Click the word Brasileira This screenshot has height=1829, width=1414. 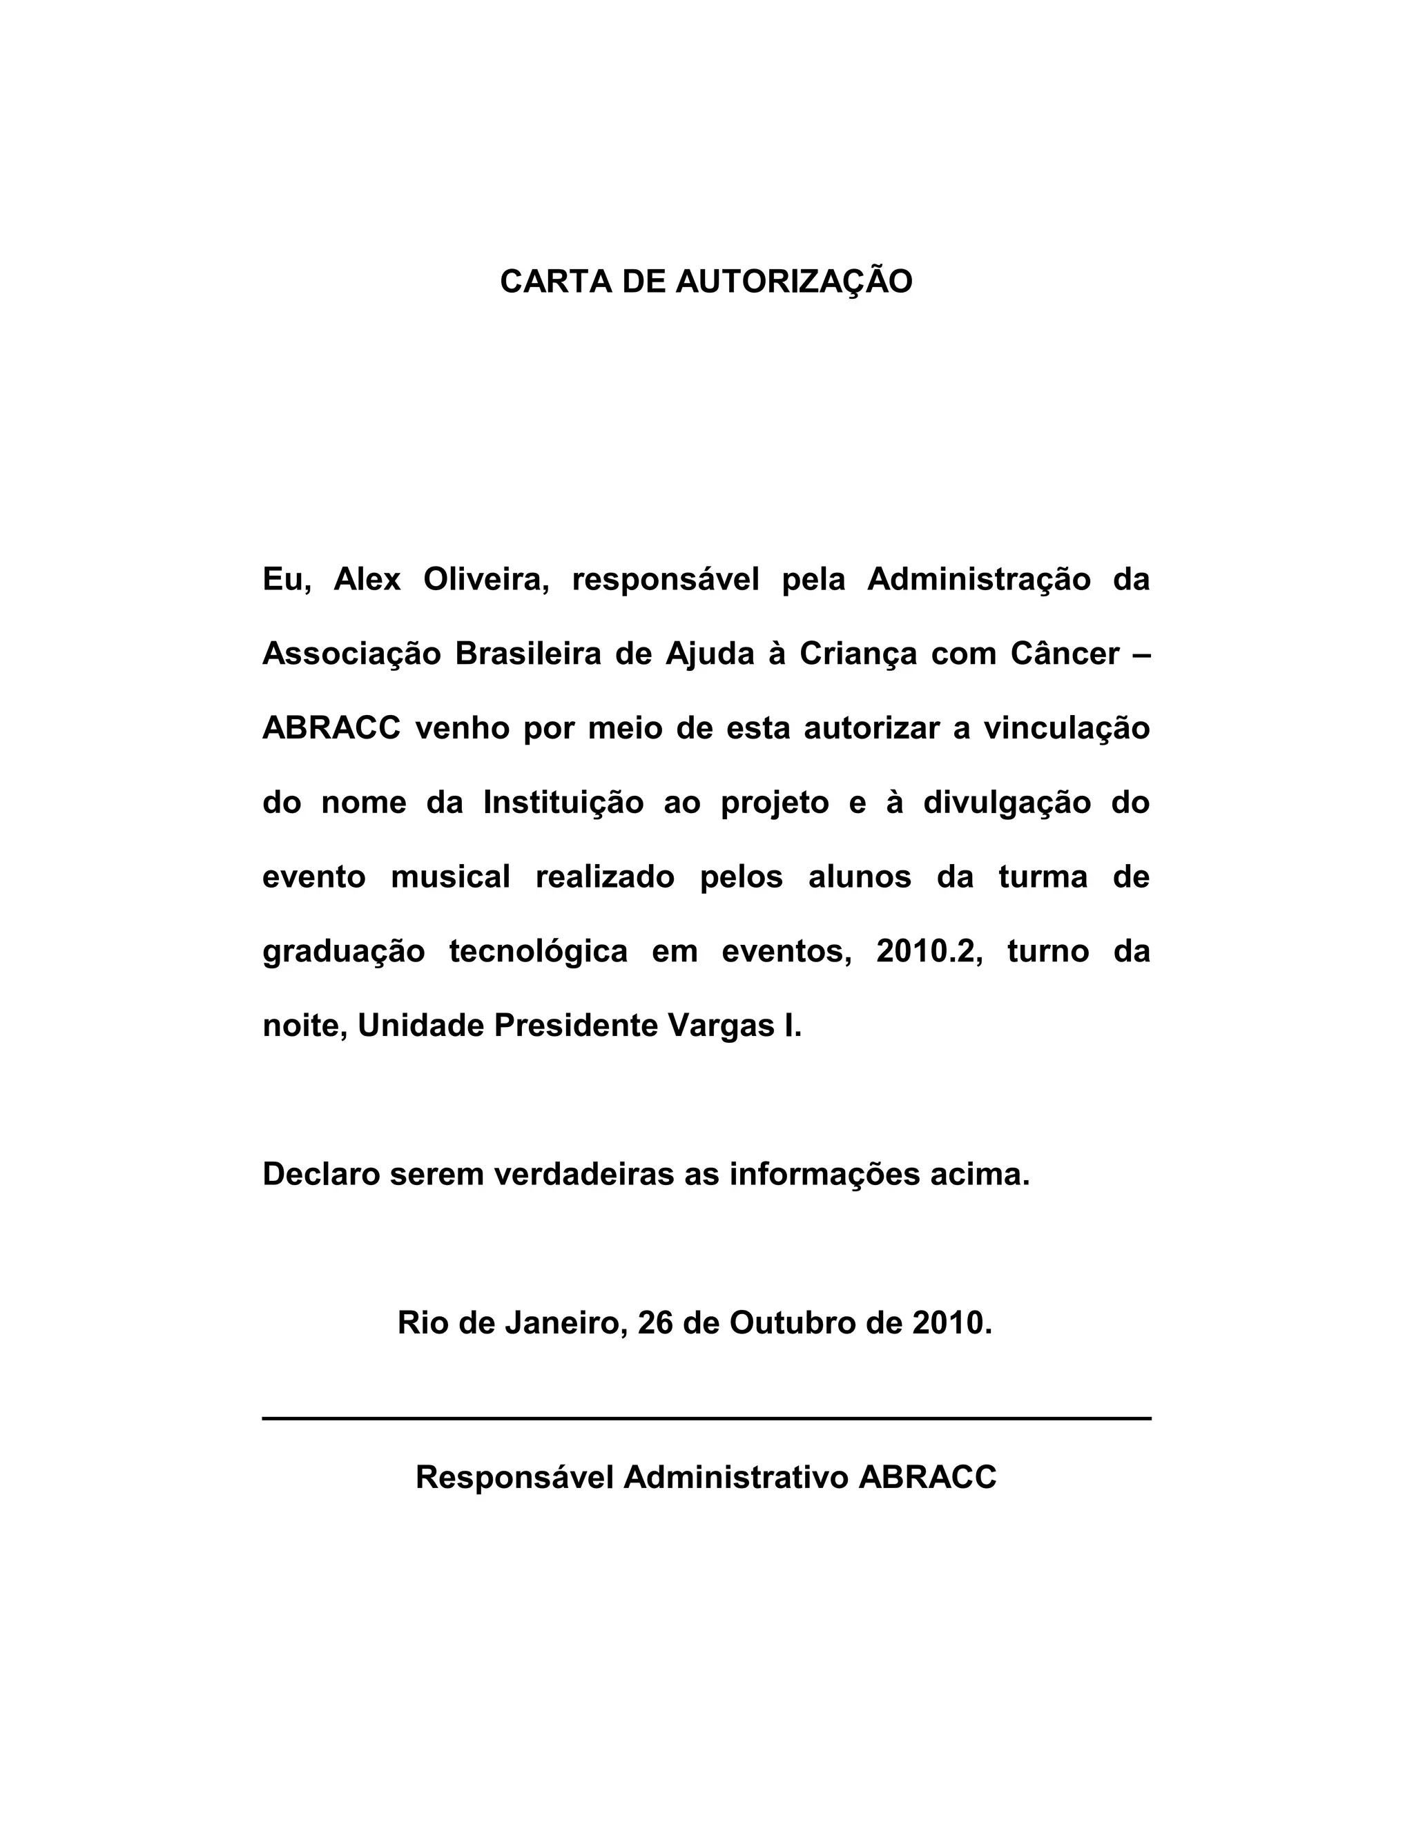527,653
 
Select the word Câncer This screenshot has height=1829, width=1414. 1065,653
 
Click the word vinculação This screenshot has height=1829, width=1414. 1066,727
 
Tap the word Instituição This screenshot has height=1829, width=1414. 563,802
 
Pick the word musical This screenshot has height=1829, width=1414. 451,877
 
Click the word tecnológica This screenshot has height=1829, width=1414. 538,951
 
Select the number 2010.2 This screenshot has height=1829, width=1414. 924,951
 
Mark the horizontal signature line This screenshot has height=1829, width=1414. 706,1418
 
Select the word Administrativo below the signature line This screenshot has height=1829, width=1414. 736,1477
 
